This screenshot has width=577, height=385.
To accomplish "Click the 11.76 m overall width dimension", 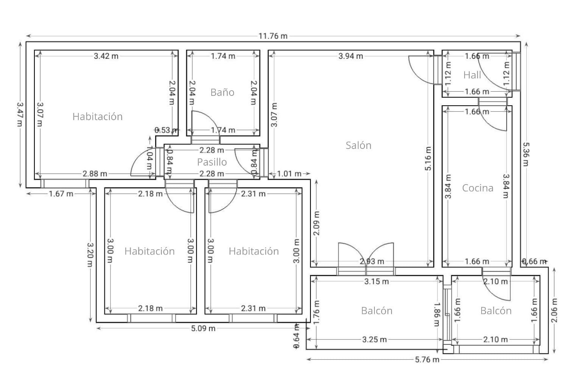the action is (x=273, y=36).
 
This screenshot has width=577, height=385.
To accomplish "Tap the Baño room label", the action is (x=222, y=92).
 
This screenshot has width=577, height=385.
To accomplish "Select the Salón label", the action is (x=358, y=146).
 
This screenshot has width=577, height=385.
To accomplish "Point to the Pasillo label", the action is (x=212, y=162).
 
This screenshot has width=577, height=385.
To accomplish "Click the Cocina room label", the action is (x=477, y=188).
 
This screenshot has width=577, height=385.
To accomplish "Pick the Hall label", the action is (x=472, y=75).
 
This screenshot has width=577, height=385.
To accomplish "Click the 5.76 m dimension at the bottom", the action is (x=427, y=360).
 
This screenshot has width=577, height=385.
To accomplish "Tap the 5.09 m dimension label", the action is (x=203, y=329).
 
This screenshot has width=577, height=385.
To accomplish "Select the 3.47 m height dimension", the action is (x=20, y=114).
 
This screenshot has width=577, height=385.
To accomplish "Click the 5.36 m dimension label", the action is (x=526, y=154).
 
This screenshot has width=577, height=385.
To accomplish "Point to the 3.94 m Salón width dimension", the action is (x=351, y=56).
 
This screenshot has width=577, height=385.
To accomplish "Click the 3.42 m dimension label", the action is (x=106, y=56).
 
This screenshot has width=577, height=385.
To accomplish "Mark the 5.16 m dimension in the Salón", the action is (x=428, y=159).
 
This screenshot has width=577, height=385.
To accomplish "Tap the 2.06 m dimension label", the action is (x=554, y=310).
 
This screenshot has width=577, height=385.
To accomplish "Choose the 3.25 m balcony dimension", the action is (x=374, y=340).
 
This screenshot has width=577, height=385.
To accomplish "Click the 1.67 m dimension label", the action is (x=61, y=194).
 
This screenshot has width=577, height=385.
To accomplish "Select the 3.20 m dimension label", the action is (x=90, y=255).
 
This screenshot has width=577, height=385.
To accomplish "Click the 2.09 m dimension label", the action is (x=317, y=223).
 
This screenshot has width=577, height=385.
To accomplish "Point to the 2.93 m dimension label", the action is (x=372, y=262).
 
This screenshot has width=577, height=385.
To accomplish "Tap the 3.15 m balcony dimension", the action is (x=376, y=282).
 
